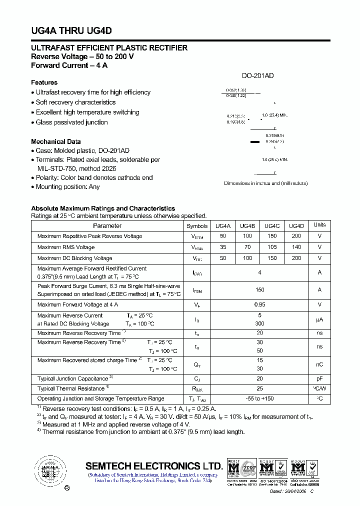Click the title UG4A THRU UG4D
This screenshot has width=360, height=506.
[71, 30]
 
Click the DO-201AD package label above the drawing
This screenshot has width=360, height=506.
[257, 76]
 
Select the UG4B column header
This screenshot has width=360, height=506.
[247, 226]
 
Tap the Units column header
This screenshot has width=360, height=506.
[319, 225]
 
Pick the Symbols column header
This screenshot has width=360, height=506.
[196, 226]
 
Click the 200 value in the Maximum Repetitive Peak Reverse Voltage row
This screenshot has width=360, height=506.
[296, 236]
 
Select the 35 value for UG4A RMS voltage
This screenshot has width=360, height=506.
[223, 247]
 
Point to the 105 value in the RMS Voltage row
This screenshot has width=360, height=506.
[272, 247]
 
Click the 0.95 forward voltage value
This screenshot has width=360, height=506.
[259, 304]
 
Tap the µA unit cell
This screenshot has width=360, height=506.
[319, 319]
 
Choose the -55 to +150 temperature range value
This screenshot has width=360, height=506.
[259, 398]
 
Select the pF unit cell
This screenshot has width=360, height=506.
[319, 378]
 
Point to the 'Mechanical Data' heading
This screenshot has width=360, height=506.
[56, 141]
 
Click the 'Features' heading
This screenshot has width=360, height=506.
[44, 82]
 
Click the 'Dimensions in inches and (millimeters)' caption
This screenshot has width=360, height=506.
[265, 183]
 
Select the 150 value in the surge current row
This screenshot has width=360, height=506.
[259, 289]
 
